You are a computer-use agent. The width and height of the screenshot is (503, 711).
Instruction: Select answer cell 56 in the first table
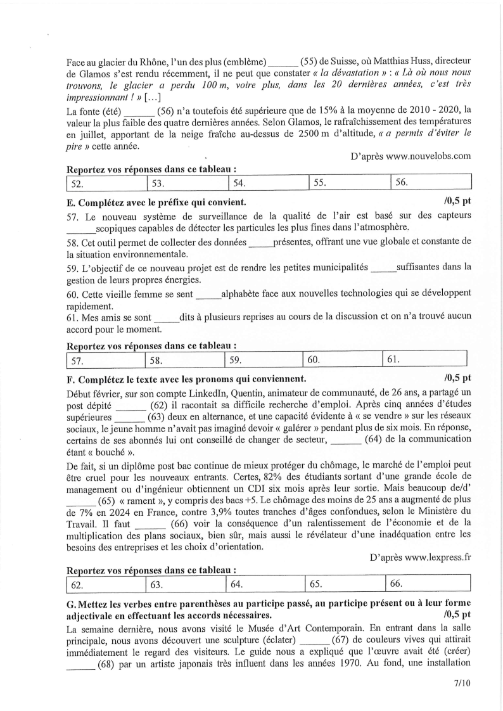pyautogui.click(x=431, y=183)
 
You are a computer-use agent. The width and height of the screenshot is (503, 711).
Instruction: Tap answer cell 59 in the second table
pyautogui.click(x=264, y=359)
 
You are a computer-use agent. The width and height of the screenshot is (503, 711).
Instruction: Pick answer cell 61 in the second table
pyautogui.click(x=424, y=359)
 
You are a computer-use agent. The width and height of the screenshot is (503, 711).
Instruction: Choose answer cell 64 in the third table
pyautogui.click(x=265, y=582)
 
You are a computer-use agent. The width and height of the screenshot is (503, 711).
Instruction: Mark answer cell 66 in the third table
pyautogui.click(x=428, y=582)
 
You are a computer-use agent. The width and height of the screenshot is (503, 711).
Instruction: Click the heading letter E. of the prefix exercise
pyautogui.click(x=70, y=202)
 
